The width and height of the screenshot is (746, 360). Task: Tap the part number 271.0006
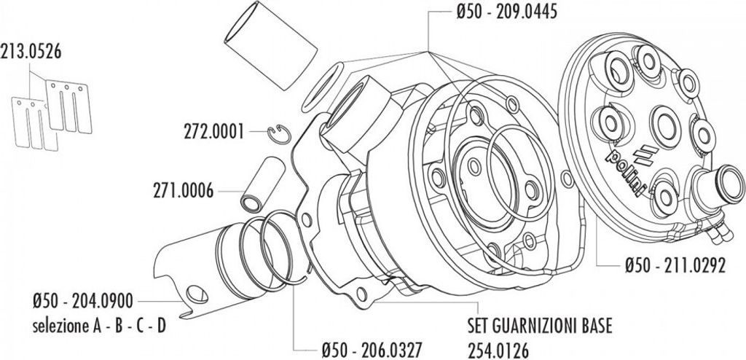tap(183, 191)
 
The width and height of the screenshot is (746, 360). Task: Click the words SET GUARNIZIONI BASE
tap(539, 321)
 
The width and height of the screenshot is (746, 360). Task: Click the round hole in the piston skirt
tap(195, 293)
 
